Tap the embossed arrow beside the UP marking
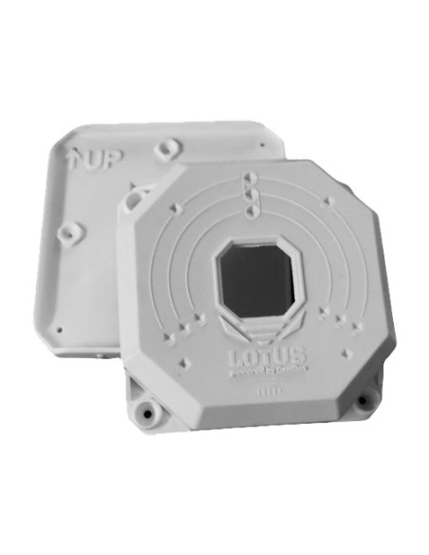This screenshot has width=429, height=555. coord(75,158)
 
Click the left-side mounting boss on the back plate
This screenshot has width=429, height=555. coord(67,231)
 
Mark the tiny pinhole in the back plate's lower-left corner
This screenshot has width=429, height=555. coord(60,330)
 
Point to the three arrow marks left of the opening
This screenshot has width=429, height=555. coord(188,323)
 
